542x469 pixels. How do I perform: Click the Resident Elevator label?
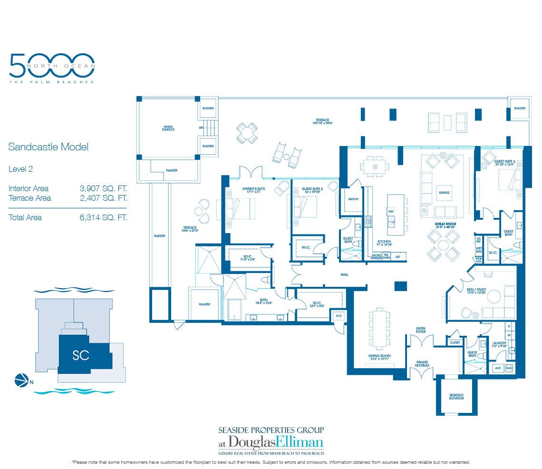(x=456, y=397)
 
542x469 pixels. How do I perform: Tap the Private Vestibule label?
(x=422, y=364)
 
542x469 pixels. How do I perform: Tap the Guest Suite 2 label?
(x=312, y=190)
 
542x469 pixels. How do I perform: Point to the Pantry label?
(x=353, y=199)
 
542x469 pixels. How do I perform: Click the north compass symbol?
(x=21, y=380)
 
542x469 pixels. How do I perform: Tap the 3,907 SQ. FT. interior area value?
(x=103, y=188)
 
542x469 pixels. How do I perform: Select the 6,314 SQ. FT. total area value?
(x=103, y=217)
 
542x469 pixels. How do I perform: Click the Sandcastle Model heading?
(x=48, y=147)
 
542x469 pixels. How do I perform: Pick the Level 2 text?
(x=20, y=168)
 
